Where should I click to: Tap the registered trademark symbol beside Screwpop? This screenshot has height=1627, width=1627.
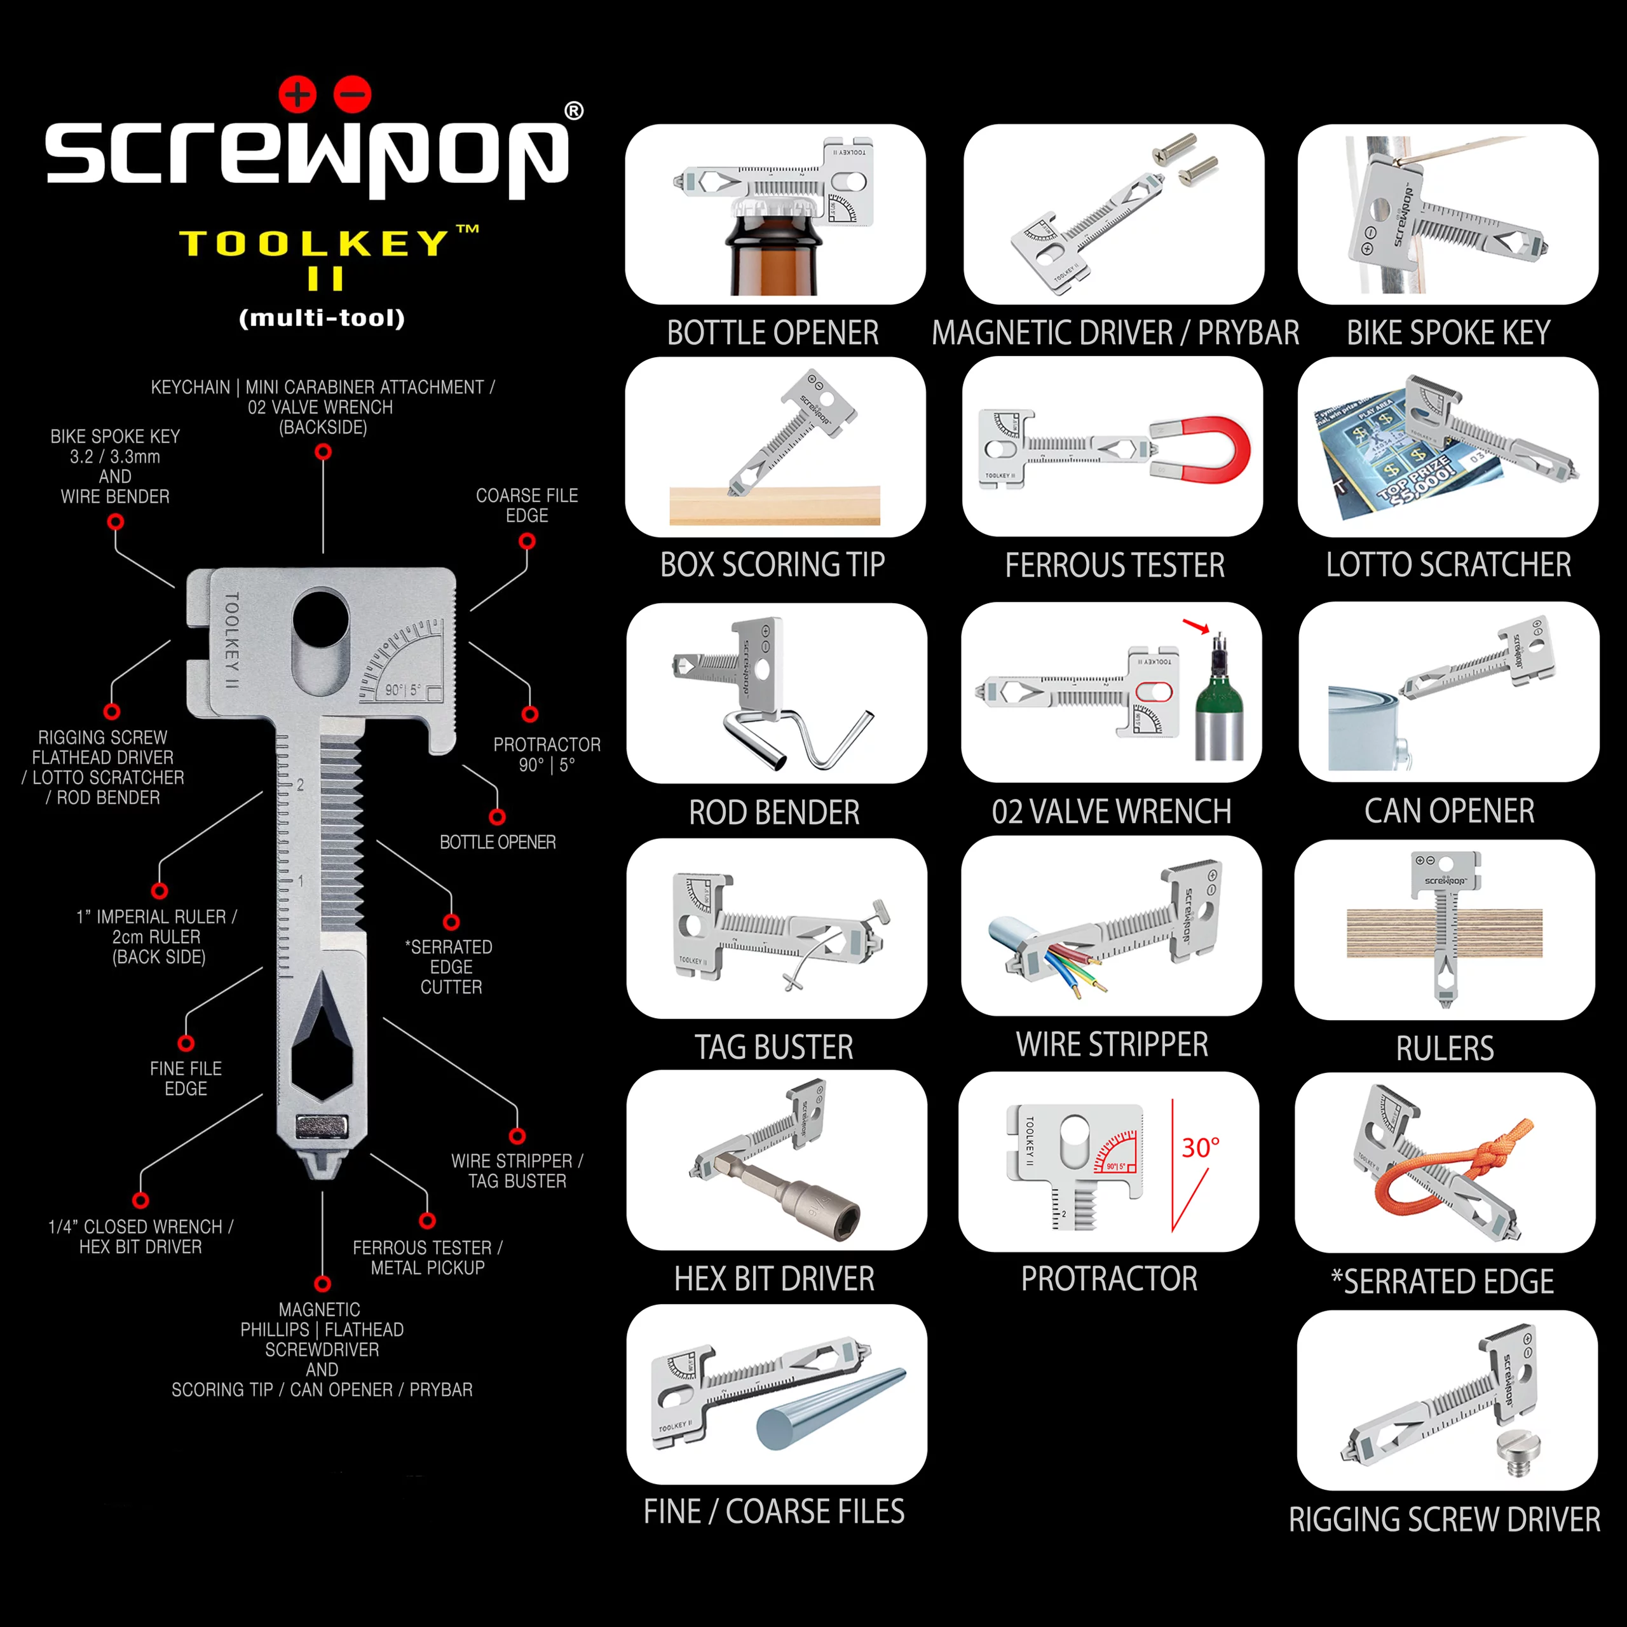573,111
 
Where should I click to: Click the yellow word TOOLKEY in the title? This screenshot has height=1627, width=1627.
314,244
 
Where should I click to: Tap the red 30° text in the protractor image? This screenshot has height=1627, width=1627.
1200,1148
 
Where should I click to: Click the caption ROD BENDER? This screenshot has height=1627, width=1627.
774,813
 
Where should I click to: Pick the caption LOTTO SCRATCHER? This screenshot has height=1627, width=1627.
1448,565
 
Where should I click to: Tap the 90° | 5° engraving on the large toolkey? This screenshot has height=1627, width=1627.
402,690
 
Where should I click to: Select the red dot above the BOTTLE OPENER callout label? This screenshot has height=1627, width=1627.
497,817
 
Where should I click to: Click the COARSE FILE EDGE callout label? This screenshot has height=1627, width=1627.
526,505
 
